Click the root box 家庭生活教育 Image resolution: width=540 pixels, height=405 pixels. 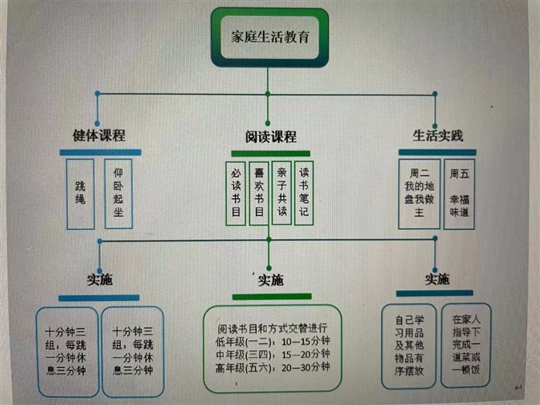pyautogui.click(x=269, y=37)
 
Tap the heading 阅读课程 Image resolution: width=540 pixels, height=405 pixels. pyautogui.click(x=270, y=137)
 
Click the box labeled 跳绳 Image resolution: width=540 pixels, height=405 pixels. pyautogui.click(x=80, y=193)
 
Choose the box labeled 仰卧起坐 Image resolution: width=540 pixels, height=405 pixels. pyautogui.click(x=118, y=193)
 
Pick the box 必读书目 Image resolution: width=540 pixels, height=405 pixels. pyautogui.click(x=235, y=192)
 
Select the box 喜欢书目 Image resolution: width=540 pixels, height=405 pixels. pyautogui.click(x=259, y=192)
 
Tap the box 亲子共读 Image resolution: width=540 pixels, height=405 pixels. pyautogui.click(x=282, y=192)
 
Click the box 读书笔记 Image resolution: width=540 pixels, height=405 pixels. pyautogui.click(x=304, y=192)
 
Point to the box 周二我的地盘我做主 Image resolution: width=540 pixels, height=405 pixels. pyautogui.click(x=419, y=193)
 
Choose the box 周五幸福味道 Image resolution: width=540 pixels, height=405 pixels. pyautogui.click(x=459, y=193)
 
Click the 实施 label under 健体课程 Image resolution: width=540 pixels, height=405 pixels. pyautogui.click(x=100, y=280)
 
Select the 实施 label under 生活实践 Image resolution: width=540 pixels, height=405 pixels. pyautogui.click(x=437, y=278)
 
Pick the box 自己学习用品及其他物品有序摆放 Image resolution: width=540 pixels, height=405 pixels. pyautogui.click(x=410, y=344)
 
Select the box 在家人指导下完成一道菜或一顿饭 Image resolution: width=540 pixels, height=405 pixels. pyautogui.click(x=466, y=344)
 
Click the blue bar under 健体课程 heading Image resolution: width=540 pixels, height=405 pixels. pyautogui.click(x=100, y=152)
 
